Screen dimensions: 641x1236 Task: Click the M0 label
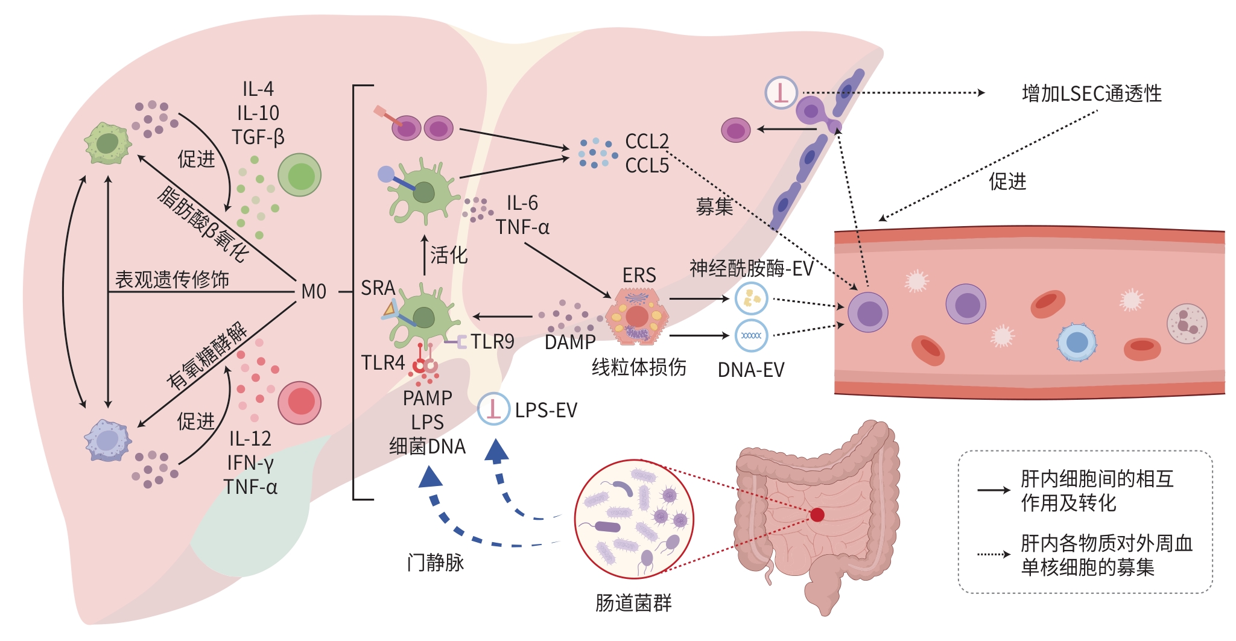point(314,292)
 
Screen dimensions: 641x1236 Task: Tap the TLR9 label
point(492,342)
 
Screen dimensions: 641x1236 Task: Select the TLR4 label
point(382,363)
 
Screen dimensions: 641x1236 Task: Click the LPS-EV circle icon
point(493,409)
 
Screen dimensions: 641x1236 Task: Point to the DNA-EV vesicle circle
point(751,336)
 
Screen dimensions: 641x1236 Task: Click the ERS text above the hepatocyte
point(639,276)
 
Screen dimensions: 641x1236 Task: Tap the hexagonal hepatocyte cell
point(637,317)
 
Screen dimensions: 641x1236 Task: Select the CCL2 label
point(647,142)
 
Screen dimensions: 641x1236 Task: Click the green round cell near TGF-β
point(299,175)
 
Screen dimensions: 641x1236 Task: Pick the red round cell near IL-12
point(299,402)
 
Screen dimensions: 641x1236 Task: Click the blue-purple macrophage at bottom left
point(108,440)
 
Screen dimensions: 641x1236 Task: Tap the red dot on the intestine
point(817,514)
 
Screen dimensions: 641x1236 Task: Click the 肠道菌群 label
point(633,602)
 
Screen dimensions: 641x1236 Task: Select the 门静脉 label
point(435,563)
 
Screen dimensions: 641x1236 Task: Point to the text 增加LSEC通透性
point(1091,94)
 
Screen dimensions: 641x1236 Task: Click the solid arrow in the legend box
point(994,490)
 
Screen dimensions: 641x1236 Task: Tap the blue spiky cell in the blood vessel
point(1077,343)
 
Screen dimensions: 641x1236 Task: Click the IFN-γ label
point(250,463)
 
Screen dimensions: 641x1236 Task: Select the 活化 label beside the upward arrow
point(449,255)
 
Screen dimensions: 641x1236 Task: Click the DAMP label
point(569,343)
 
